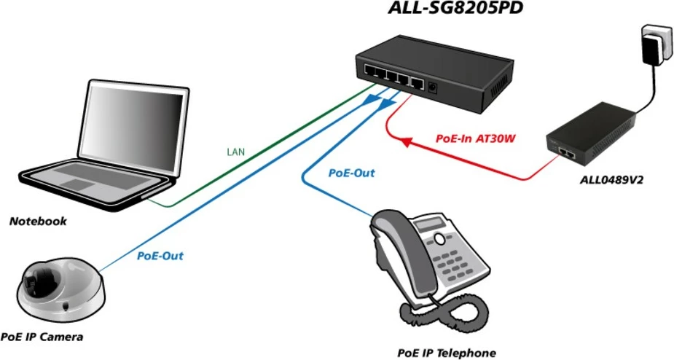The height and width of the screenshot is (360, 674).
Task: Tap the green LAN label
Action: coord(236,152)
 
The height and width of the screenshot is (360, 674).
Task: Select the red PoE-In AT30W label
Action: coord(475,137)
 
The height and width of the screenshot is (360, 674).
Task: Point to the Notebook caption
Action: coord(38,221)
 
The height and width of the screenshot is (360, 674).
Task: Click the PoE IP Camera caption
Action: coord(42,337)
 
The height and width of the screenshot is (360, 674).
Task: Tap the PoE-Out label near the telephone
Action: coord(351,173)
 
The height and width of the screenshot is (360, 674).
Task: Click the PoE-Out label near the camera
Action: coord(160,256)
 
